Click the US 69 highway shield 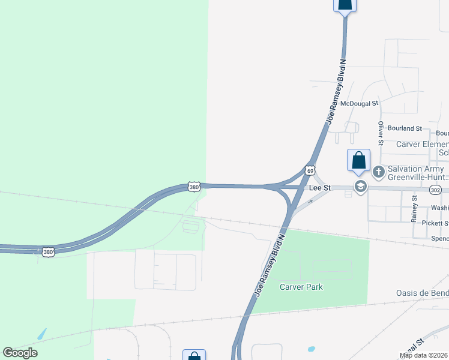[x=310, y=170]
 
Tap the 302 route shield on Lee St [x=436, y=190]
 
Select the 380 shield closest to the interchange [x=193, y=187]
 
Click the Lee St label [x=319, y=188]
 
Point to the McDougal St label [x=359, y=103]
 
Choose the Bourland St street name [x=405, y=128]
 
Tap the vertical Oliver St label [x=381, y=133]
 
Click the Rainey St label [x=414, y=212]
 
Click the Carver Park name [x=301, y=287]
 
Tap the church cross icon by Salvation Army [x=379, y=172]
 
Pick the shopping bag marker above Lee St [x=358, y=160]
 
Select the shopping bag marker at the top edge [x=345, y=4]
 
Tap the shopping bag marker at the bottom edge [x=194, y=355]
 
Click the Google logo [x=20, y=353]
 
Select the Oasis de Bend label [x=422, y=293]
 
